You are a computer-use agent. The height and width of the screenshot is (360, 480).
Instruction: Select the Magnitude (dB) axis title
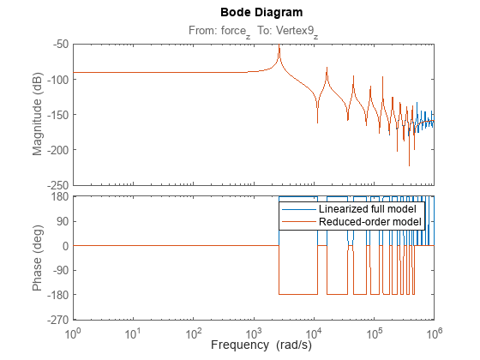[x=38, y=113]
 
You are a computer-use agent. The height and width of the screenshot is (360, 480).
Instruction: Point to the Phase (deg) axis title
[x=38, y=258]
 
